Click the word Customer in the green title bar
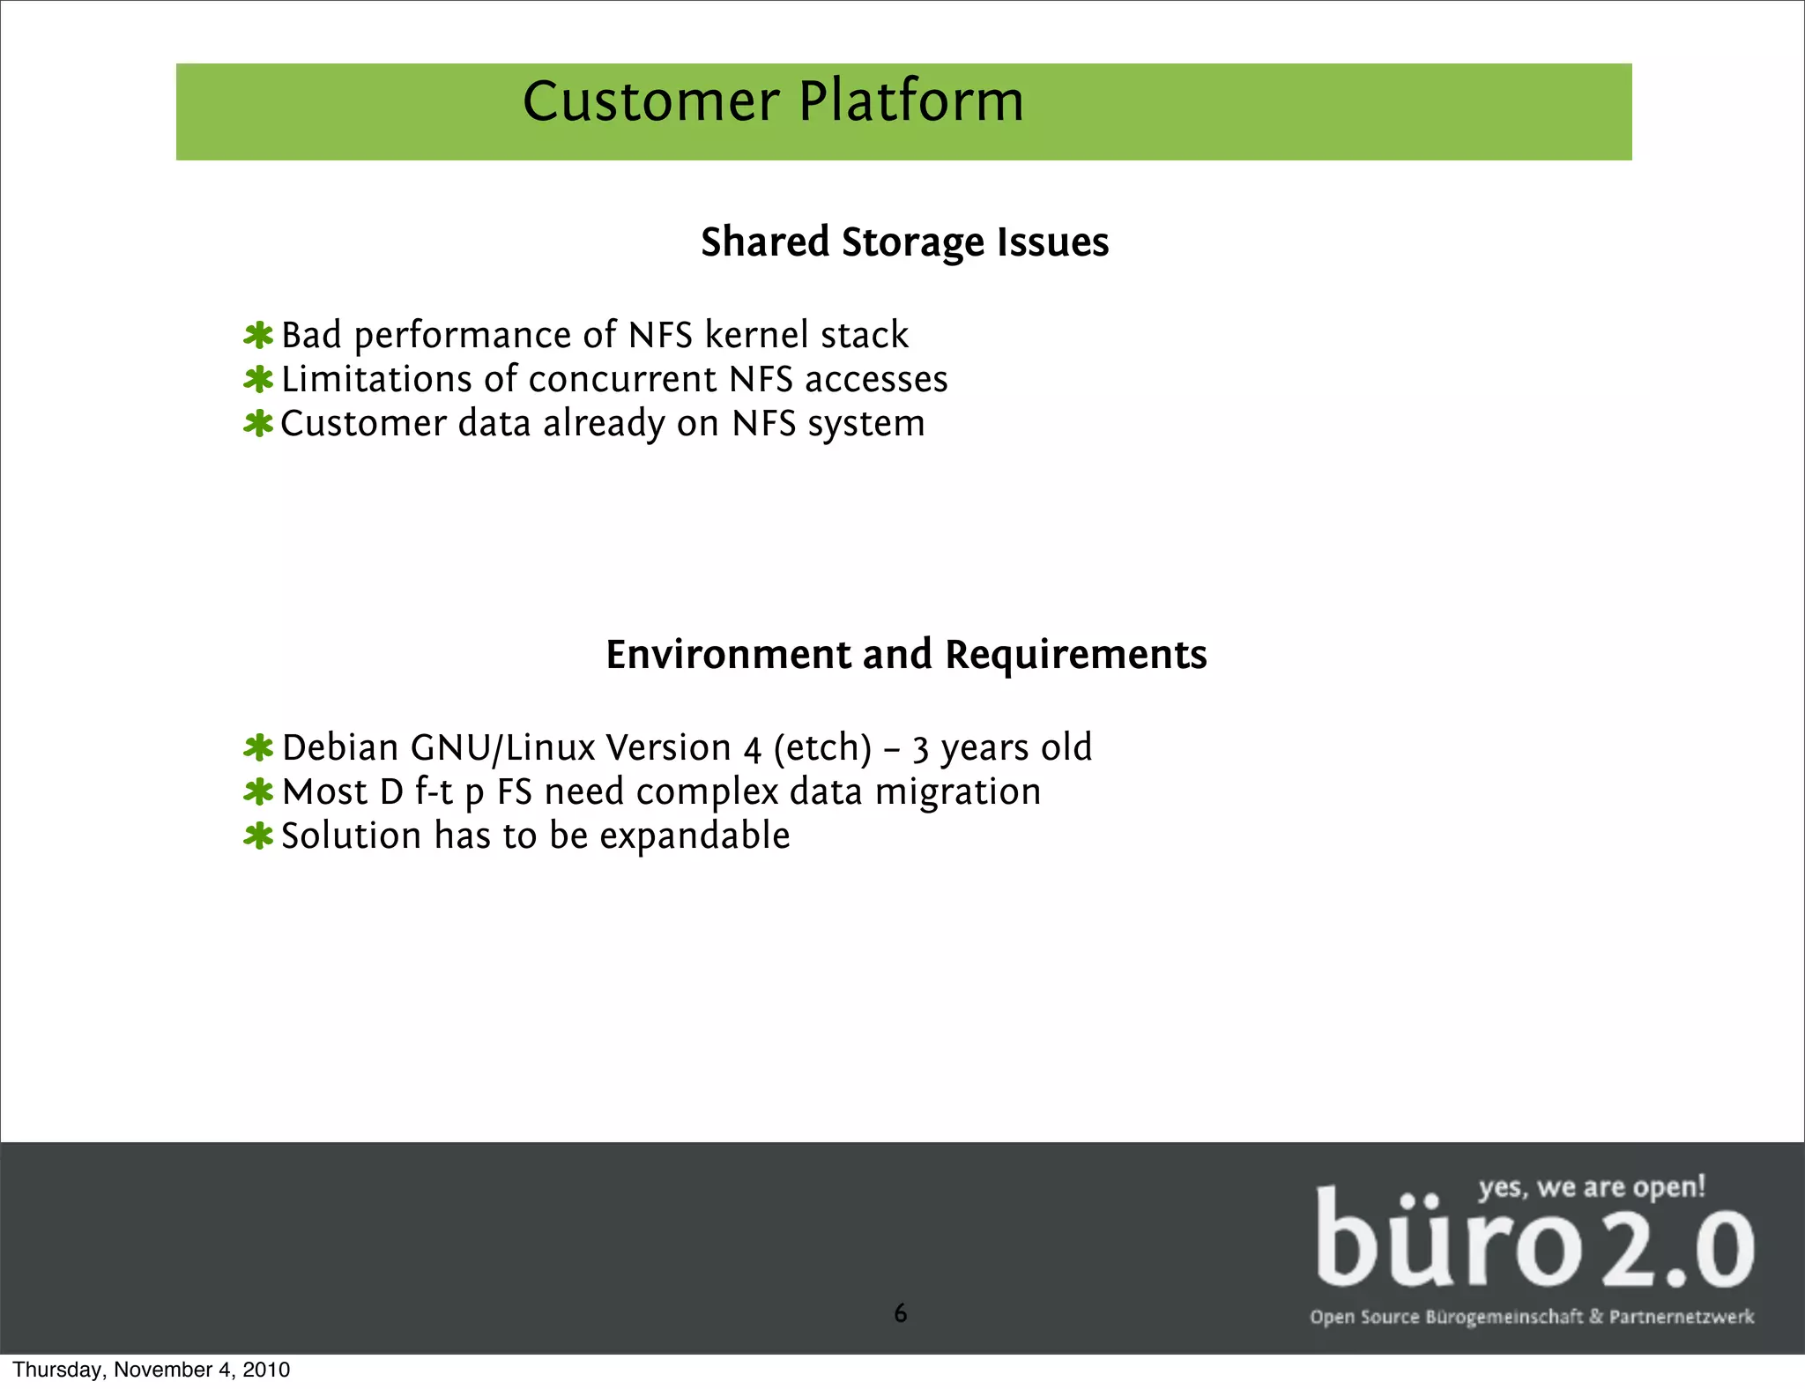[x=650, y=101]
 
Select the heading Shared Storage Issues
[x=904, y=242]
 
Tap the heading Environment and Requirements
[x=906, y=655]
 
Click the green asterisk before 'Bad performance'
[x=258, y=336]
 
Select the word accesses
[x=876, y=380]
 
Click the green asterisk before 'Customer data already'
[x=258, y=424]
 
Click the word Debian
[x=340, y=747]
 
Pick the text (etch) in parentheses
[x=822, y=747]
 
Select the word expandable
[x=695, y=836]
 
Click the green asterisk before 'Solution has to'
[x=258, y=836]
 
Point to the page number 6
[x=900, y=1313]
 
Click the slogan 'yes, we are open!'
[x=1592, y=1187]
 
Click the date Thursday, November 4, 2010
[x=151, y=1370]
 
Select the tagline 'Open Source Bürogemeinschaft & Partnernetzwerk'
[x=1531, y=1317]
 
